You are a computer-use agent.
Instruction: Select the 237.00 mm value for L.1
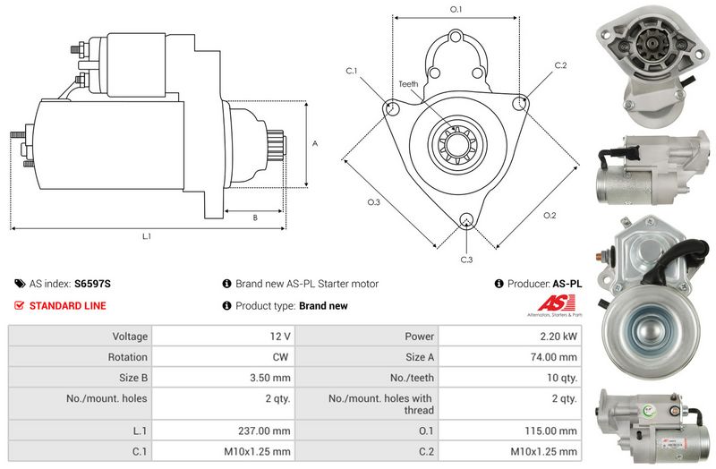[x=264, y=431]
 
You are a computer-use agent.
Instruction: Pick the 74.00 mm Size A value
[x=553, y=356]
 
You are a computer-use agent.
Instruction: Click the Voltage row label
[x=130, y=337]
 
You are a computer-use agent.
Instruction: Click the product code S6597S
[x=93, y=284]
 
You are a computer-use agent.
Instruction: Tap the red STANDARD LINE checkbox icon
[x=19, y=305]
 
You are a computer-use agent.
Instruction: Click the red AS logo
[x=555, y=303]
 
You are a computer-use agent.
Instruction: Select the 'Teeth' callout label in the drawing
[x=408, y=84]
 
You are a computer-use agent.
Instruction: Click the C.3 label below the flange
[x=466, y=260]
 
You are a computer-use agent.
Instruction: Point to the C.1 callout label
[x=351, y=71]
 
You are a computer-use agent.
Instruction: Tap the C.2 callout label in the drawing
[x=560, y=65]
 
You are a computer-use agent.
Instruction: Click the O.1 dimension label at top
[x=456, y=9]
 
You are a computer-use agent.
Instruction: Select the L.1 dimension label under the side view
[x=146, y=236]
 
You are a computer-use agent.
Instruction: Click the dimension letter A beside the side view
[x=315, y=143]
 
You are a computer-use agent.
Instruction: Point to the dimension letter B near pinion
[x=255, y=217]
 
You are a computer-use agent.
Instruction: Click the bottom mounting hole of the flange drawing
[x=466, y=219]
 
